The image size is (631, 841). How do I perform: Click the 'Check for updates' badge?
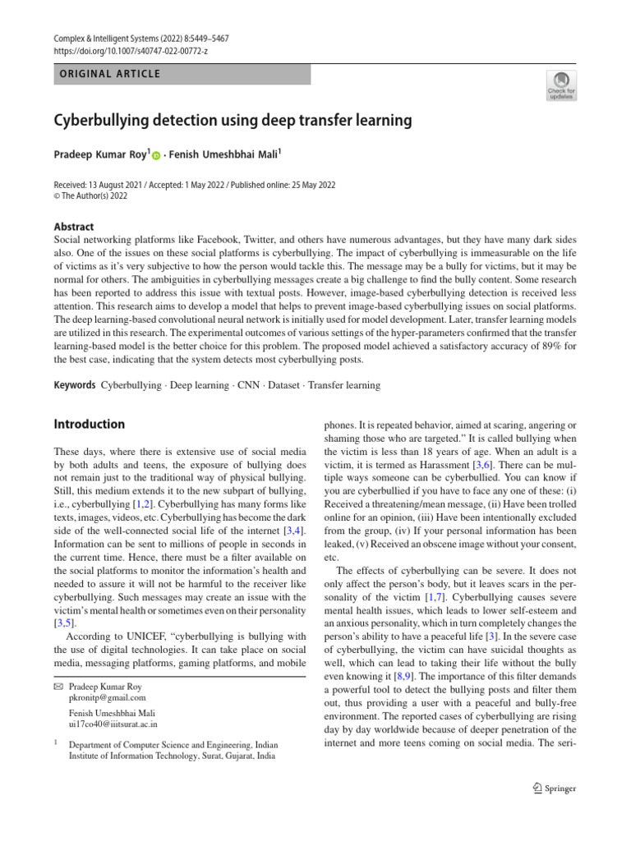[x=561, y=85]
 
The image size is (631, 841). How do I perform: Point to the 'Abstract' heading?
[x=74, y=227]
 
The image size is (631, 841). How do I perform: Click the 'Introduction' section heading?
[x=90, y=425]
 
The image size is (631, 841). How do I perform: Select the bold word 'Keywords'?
[x=75, y=385]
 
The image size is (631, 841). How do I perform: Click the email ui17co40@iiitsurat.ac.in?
[x=113, y=724]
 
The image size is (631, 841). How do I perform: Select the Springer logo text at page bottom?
[x=558, y=788]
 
